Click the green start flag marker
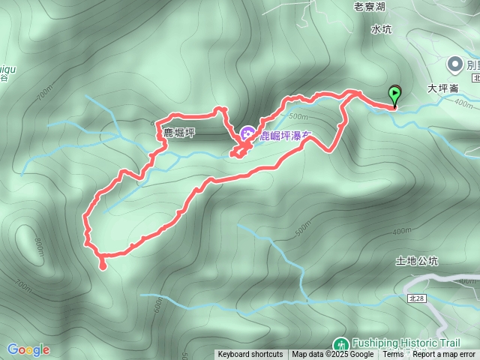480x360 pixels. point(394,95)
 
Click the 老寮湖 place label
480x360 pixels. point(369,7)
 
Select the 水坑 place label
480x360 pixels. point(381,29)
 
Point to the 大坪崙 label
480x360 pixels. point(442,88)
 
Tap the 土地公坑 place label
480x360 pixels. point(416,261)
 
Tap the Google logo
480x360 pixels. point(28,349)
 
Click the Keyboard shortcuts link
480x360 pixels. point(250,355)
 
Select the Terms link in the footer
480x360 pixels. point(393,355)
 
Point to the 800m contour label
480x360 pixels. point(37,248)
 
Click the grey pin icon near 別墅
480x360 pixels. point(455,64)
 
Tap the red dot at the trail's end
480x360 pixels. point(103,265)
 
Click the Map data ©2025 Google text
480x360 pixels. point(332,355)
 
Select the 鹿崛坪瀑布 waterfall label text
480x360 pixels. point(285,136)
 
